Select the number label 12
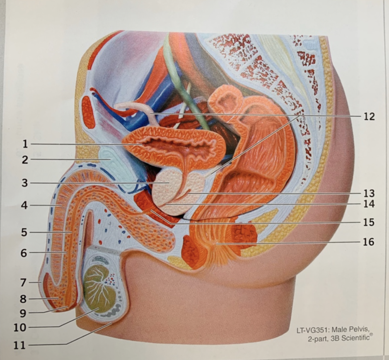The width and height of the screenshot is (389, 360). [x=368, y=116]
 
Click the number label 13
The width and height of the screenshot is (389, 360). [x=368, y=193]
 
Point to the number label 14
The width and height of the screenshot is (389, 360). [x=368, y=204]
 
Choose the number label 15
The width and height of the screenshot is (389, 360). [x=368, y=222]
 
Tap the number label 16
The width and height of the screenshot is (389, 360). [x=368, y=242]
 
